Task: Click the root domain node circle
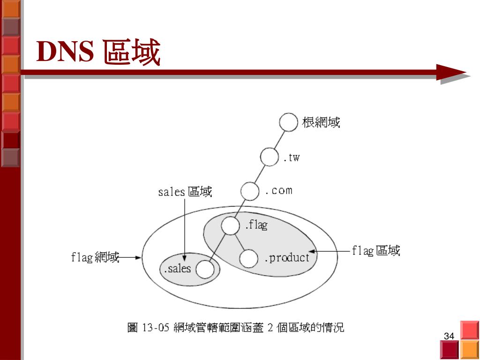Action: click(x=288, y=123)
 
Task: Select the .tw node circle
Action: click(x=270, y=157)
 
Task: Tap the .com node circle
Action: click(x=250, y=191)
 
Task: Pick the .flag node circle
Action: click(x=231, y=226)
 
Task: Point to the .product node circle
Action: click(x=249, y=258)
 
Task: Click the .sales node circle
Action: click(x=205, y=269)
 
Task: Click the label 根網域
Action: click(x=321, y=123)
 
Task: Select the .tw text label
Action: click(x=291, y=157)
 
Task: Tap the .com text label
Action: click(x=278, y=190)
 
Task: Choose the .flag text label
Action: click(x=256, y=225)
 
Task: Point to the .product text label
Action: click(x=287, y=257)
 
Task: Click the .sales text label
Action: click(x=177, y=269)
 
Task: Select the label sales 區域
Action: click(x=185, y=192)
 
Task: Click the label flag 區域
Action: click(x=376, y=251)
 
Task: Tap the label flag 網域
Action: click(x=95, y=257)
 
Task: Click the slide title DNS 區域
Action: click(x=99, y=52)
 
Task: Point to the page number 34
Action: click(x=449, y=336)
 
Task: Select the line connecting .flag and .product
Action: click(x=240, y=242)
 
